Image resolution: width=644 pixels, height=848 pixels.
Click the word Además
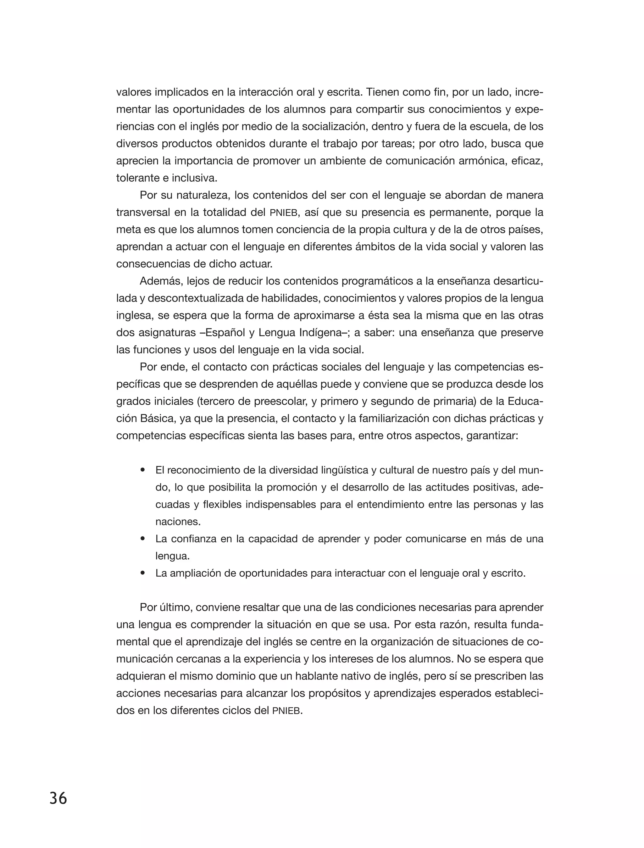[160, 281]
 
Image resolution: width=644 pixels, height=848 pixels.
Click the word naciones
[177, 522]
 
